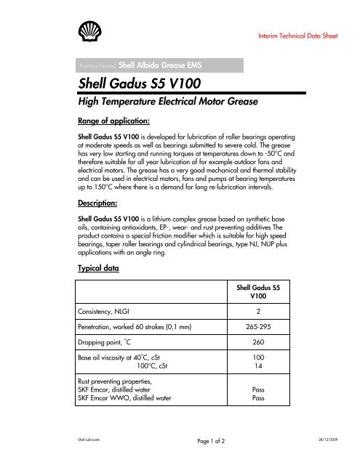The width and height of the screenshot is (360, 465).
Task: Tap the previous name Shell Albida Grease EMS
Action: pyautogui.click(x=156, y=63)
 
